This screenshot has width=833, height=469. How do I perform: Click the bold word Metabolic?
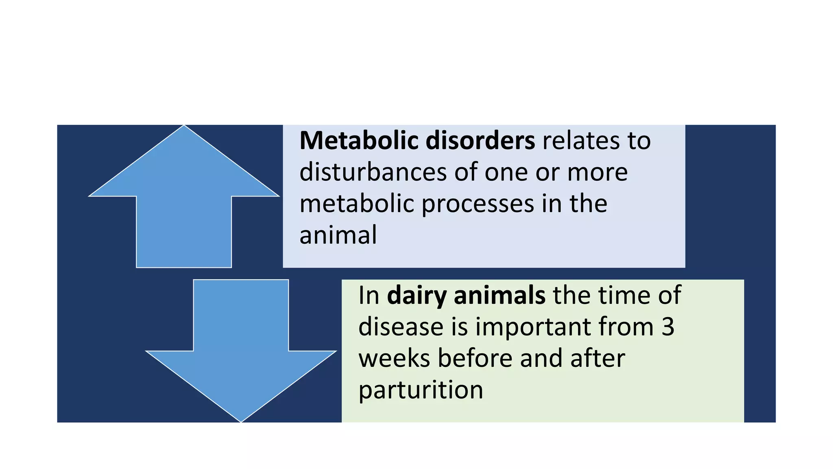coord(359,141)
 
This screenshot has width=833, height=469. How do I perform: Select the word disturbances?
coord(373,172)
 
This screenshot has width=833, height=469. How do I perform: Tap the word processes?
coord(478,204)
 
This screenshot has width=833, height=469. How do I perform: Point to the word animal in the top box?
coord(338,236)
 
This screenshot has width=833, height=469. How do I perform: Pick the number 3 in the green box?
coord(667,327)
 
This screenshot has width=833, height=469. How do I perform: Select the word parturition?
coord(421,390)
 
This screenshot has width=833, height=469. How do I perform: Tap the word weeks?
coord(394,359)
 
